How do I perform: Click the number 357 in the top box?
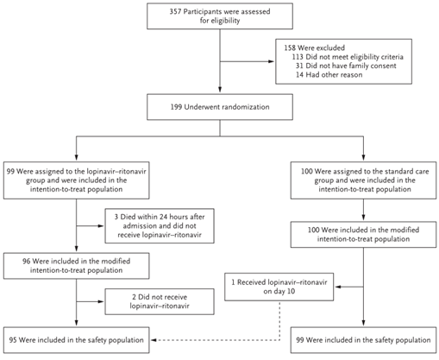[175, 12]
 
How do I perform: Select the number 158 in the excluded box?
[290, 47]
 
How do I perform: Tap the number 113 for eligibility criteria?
[298, 57]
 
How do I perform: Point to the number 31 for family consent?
[299, 66]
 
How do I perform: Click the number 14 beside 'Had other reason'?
[299, 75]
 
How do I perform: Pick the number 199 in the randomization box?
[176, 107]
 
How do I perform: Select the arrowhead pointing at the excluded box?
[271, 61]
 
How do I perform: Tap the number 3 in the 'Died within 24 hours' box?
[116, 217]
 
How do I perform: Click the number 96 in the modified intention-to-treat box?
[27, 262]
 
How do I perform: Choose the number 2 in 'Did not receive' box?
[134, 297]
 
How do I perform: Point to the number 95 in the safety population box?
[13, 340]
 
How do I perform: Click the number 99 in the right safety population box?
[300, 340]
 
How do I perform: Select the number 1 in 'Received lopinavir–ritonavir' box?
[233, 282]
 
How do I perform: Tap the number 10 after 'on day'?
[292, 291]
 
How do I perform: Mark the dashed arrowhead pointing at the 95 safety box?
[154, 340]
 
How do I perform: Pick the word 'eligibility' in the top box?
[225, 21]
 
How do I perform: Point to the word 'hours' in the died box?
[177, 217]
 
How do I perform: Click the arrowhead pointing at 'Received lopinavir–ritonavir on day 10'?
[338, 287]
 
